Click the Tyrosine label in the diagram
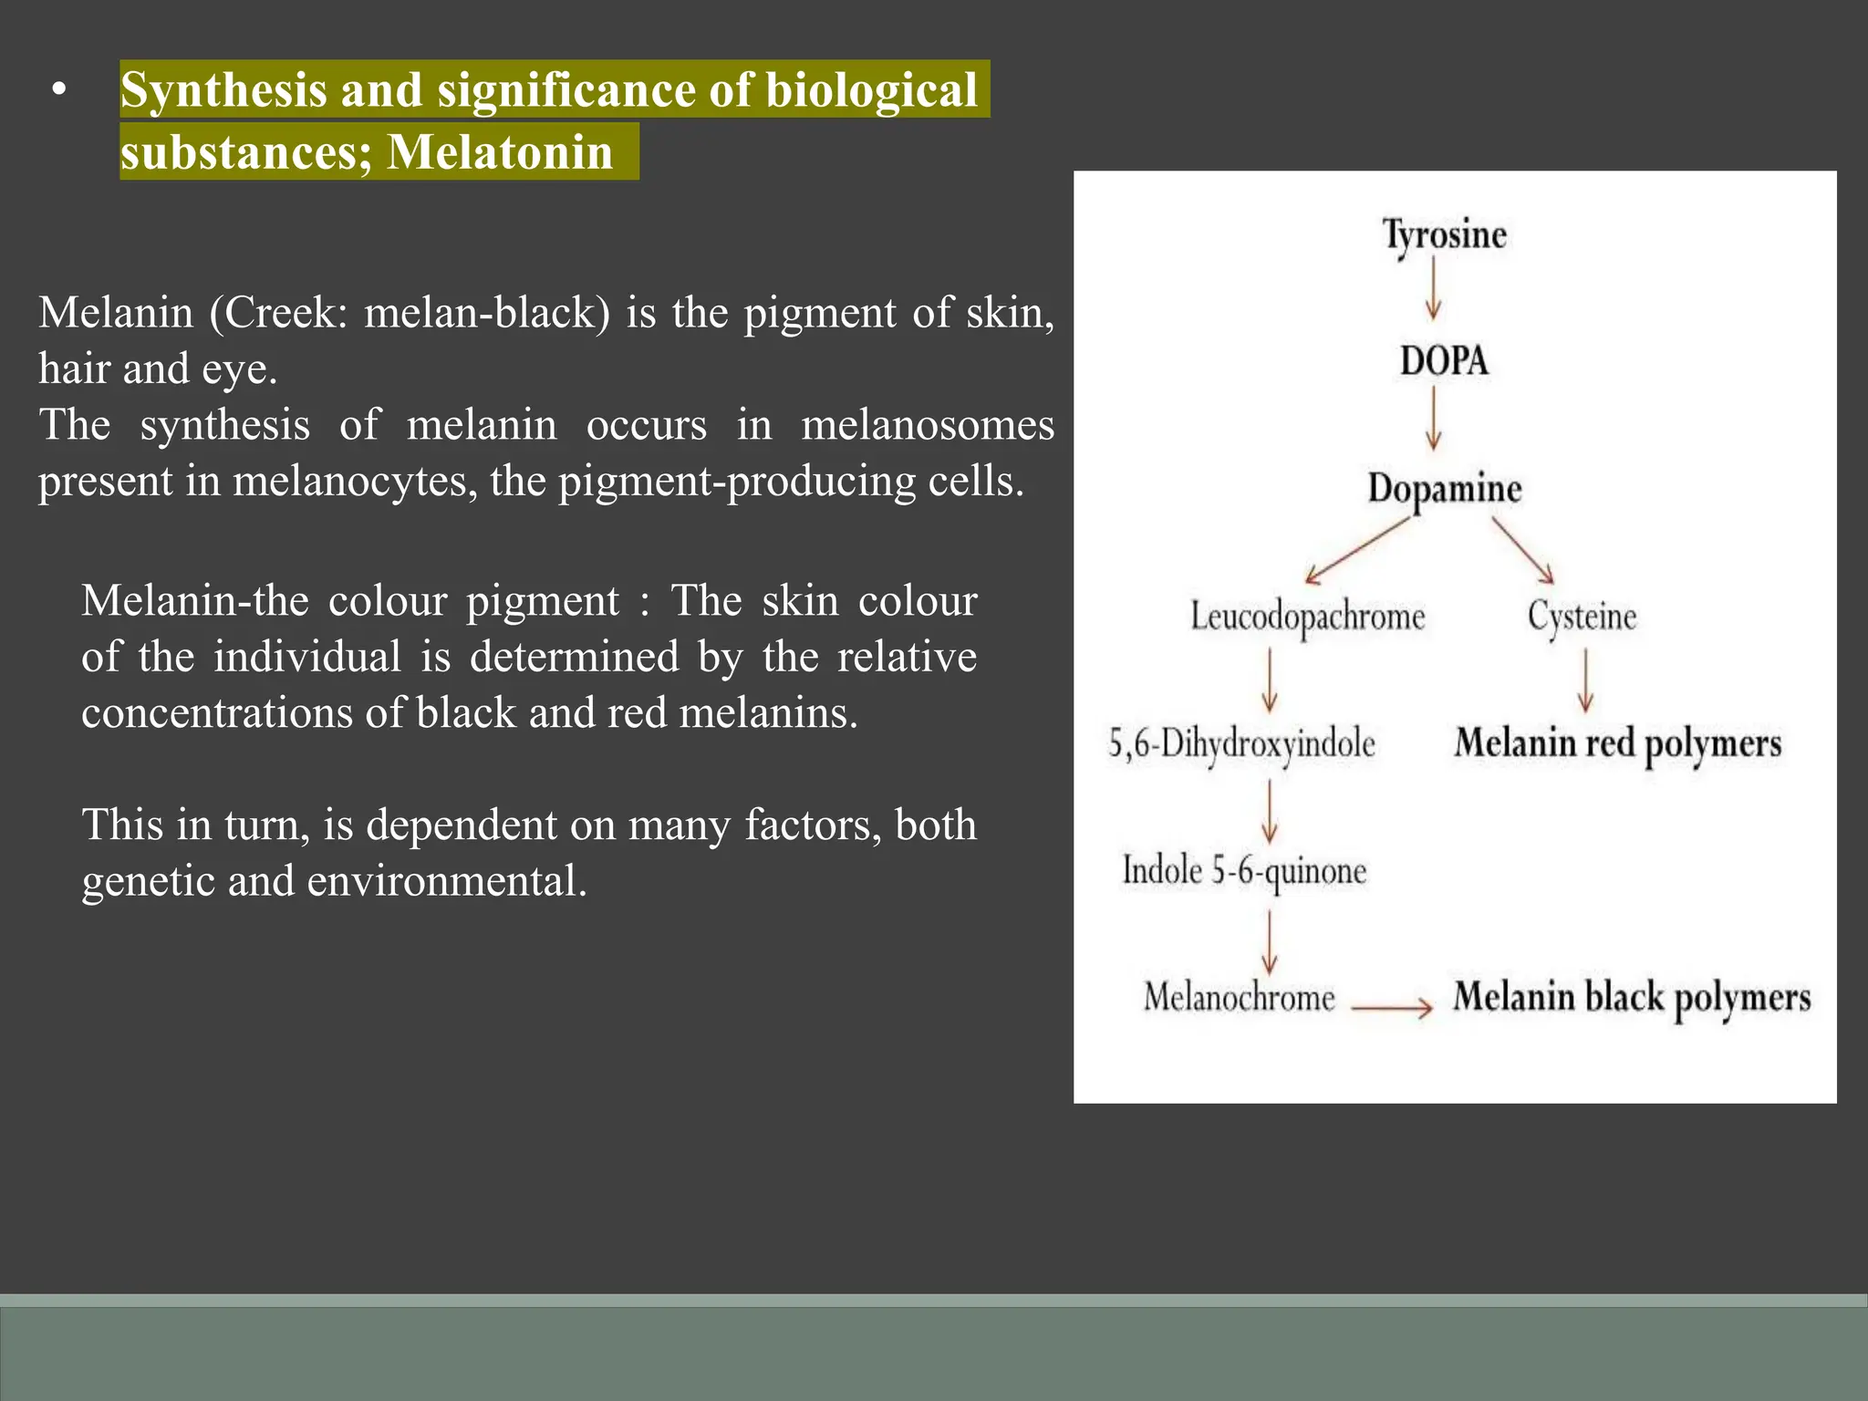pyautogui.click(x=1444, y=235)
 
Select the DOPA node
pyautogui.click(x=1444, y=361)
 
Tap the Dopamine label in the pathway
pyautogui.click(x=1444, y=489)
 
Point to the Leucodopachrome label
pyautogui.click(x=1307, y=617)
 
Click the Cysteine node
pyautogui.click(x=1582, y=617)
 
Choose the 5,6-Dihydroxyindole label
pyautogui.click(x=1241, y=744)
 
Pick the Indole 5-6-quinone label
pyautogui.click(x=1244, y=871)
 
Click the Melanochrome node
pyautogui.click(x=1239, y=997)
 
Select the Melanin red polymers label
pyautogui.click(x=1617, y=744)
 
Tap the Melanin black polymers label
pyautogui.click(x=1631, y=998)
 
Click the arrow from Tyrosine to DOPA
pyautogui.click(x=1433, y=288)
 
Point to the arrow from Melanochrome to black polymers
pyautogui.click(x=1392, y=1008)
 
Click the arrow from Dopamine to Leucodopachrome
pyautogui.click(x=1357, y=551)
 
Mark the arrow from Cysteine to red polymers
pyautogui.click(x=1585, y=680)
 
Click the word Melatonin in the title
pyautogui.click(x=500, y=152)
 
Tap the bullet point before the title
pyautogui.click(x=59, y=90)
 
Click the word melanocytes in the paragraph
pyautogui.click(x=355, y=482)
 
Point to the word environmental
pyautogui.click(x=447, y=882)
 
